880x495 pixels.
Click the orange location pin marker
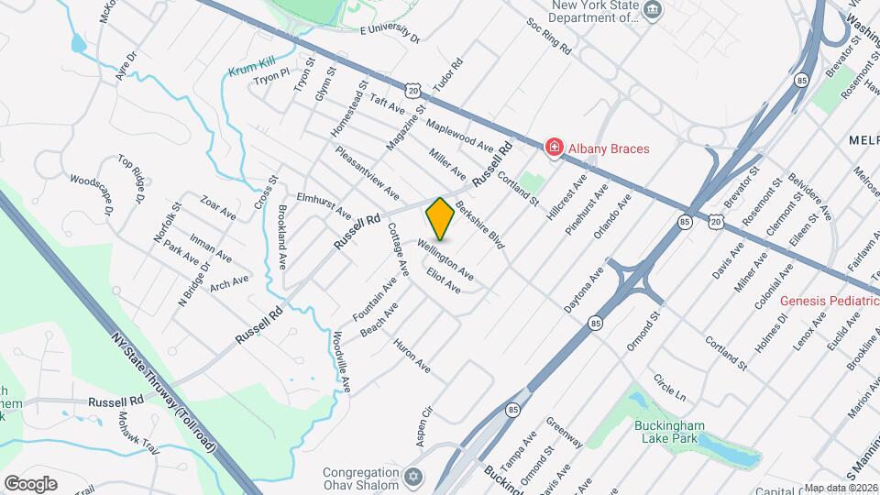point(440,219)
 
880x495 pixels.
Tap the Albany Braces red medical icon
point(554,148)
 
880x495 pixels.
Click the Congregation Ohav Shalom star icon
point(413,478)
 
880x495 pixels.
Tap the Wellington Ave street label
point(445,258)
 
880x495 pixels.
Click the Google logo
point(29,483)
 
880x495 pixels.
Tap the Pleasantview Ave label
point(367,172)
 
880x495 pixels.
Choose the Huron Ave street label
point(412,356)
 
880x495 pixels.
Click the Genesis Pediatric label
point(830,301)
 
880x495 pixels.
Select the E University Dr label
point(389,35)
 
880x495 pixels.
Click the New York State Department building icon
point(652,11)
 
